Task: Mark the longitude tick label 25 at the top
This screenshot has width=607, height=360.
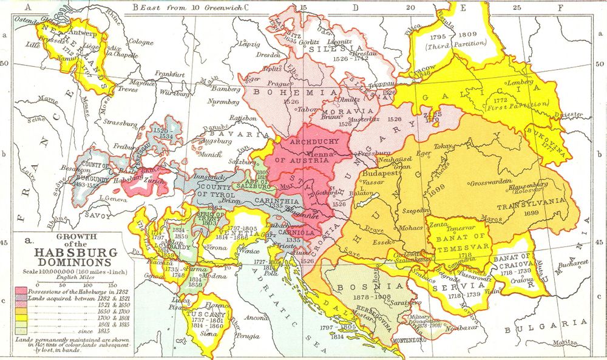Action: [x=517, y=8]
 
